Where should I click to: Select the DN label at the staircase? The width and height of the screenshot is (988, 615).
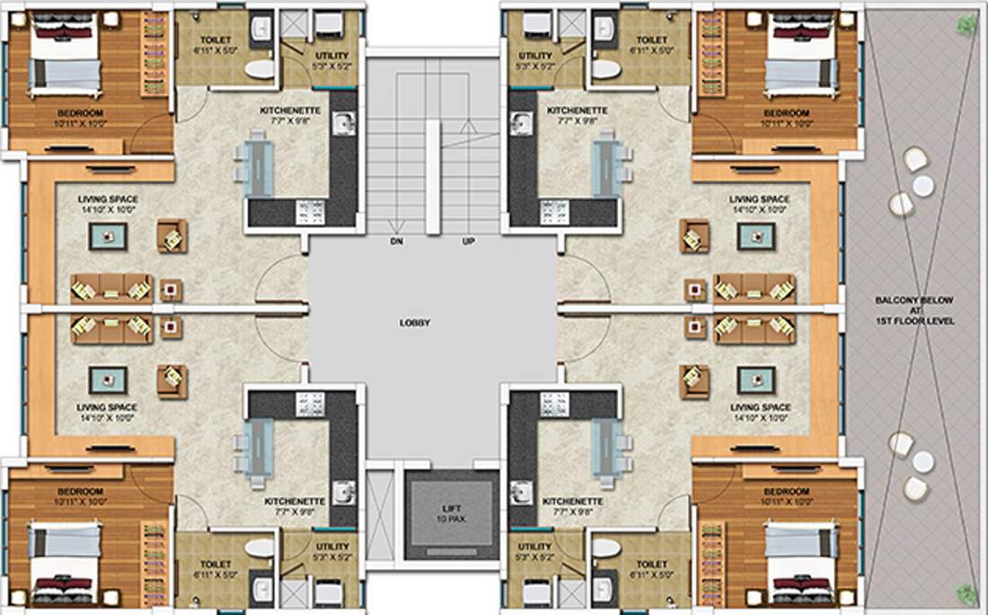(x=395, y=242)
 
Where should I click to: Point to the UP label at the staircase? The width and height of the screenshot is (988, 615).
(x=468, y=242)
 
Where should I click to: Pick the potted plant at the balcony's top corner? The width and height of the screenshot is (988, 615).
(x=966, y=26)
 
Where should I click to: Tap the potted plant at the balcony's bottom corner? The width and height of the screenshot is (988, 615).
(x=966, y=593)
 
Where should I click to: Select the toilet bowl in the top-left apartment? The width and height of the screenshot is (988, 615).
(x=259, y=68)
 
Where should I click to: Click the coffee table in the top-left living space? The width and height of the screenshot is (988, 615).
(x=108, y=236)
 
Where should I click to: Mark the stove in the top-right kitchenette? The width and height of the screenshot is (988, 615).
(x=554, y=212)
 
